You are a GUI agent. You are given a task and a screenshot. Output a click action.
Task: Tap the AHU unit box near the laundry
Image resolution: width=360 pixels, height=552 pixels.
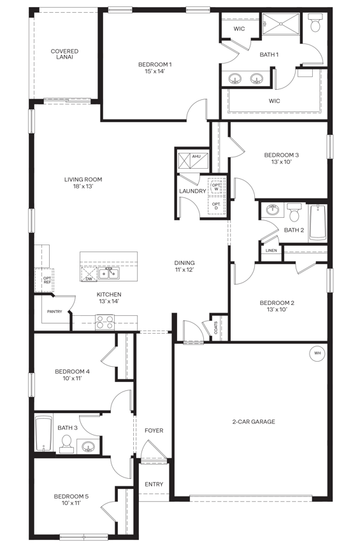click(x=190, y=159)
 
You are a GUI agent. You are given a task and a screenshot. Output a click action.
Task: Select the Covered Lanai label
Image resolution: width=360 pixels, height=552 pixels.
click(x=65, y=54)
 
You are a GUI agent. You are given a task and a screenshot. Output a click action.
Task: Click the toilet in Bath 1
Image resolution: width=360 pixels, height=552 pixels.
click(x=315, y=25)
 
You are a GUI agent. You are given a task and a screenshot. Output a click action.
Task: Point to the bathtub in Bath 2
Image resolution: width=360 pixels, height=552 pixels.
click(x=318, y=222)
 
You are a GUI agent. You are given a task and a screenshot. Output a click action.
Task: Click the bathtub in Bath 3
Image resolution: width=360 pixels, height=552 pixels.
click(x=44, y=433)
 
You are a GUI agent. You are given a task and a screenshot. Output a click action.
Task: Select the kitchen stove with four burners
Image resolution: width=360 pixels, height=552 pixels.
click(x=104, y=323)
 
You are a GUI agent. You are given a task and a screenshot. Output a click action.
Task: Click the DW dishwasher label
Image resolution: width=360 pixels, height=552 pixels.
click(x=89, y=278)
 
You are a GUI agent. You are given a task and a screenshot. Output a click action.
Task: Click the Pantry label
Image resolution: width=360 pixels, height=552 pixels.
click(x=54, y=311)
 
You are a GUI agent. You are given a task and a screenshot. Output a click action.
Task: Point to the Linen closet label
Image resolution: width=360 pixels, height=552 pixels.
click(x=270, y=251)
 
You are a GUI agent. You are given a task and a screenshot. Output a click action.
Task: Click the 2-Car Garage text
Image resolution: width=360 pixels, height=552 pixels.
click(x=253, y=421)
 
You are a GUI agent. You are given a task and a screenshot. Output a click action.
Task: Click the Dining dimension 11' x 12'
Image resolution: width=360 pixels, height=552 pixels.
click(x=185, y=271)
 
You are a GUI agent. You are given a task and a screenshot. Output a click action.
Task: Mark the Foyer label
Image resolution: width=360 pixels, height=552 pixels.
click(x=154, y=430)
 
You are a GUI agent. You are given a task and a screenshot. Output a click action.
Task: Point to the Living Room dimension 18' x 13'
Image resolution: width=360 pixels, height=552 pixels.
click(x=83, y=187)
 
